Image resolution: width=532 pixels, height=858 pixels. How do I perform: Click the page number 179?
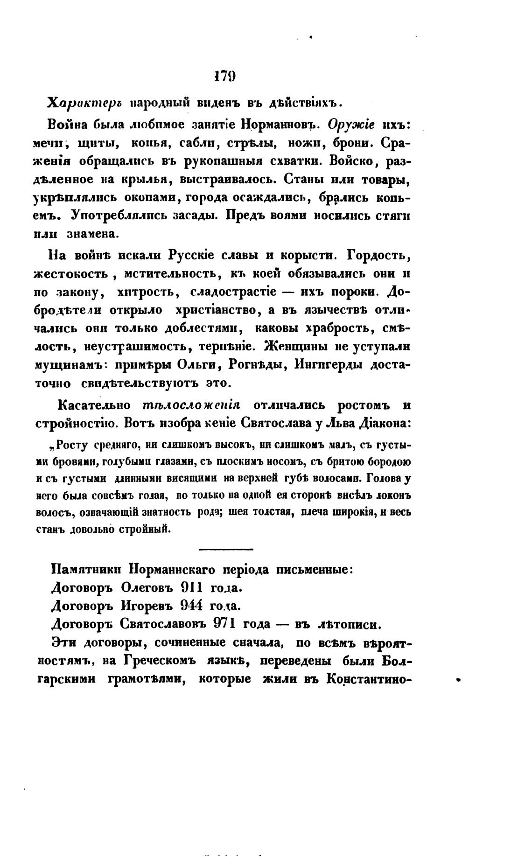[x=224, y=77]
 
